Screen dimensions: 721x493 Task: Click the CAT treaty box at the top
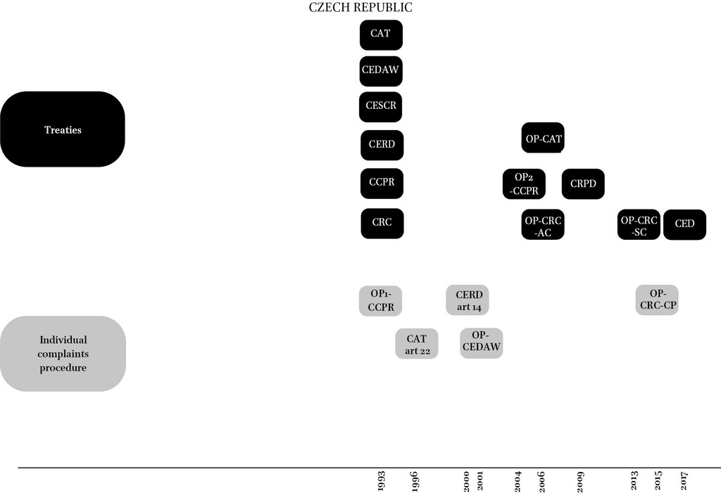pos(381,35)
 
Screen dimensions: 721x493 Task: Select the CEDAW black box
pos(381,71)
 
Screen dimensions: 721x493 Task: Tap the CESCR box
pos(381,107)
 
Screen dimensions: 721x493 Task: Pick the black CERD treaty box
pos(382,145)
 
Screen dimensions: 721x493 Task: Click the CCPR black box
pos(382,184)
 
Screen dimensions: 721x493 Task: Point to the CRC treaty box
pos(382,224)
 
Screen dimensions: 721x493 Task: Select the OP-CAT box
pos(543,137)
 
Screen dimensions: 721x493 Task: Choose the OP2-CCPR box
pos(524,184)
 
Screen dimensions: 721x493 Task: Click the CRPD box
pos(583,184)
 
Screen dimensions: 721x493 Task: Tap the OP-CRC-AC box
pos(543,224)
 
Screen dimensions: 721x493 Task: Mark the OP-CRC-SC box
pos(639,224)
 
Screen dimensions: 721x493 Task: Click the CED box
pos(684,224)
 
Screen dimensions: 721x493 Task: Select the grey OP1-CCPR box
pos(381,301)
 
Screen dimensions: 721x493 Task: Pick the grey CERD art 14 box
pos(468,300)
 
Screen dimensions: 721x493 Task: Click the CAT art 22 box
pos(417,344)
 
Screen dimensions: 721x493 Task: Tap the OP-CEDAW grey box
pos(482,343)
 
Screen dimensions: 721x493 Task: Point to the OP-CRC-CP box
pos(657,300)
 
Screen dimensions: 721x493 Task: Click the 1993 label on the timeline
pos(381,481)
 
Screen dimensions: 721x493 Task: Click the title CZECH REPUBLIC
pos(360,7)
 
